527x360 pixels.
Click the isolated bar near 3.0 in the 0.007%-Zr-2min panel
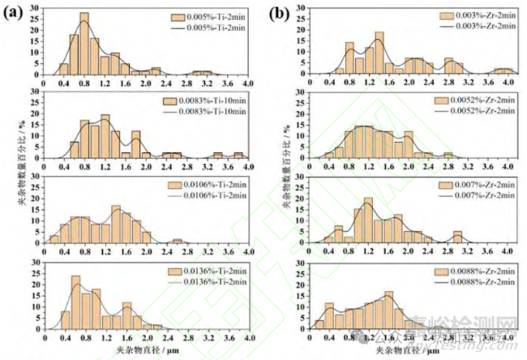[457, 236]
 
